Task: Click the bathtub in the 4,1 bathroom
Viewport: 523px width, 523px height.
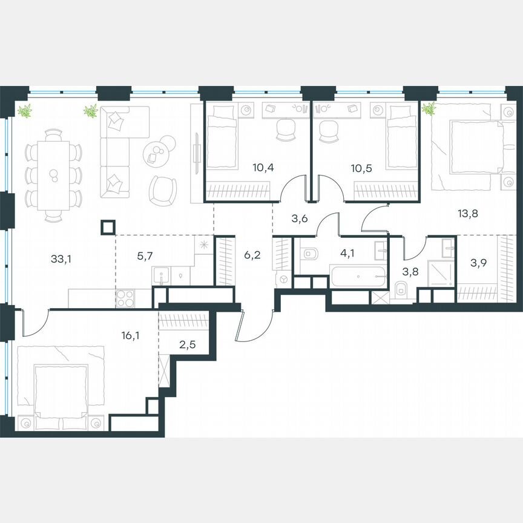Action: click(x=358, y=277)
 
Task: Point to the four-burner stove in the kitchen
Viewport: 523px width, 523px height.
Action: click(x=125, y=299)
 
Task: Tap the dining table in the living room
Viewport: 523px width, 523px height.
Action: click(x=53, y=175)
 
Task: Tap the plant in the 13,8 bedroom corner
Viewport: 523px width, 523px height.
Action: click(x=429, y=109)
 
